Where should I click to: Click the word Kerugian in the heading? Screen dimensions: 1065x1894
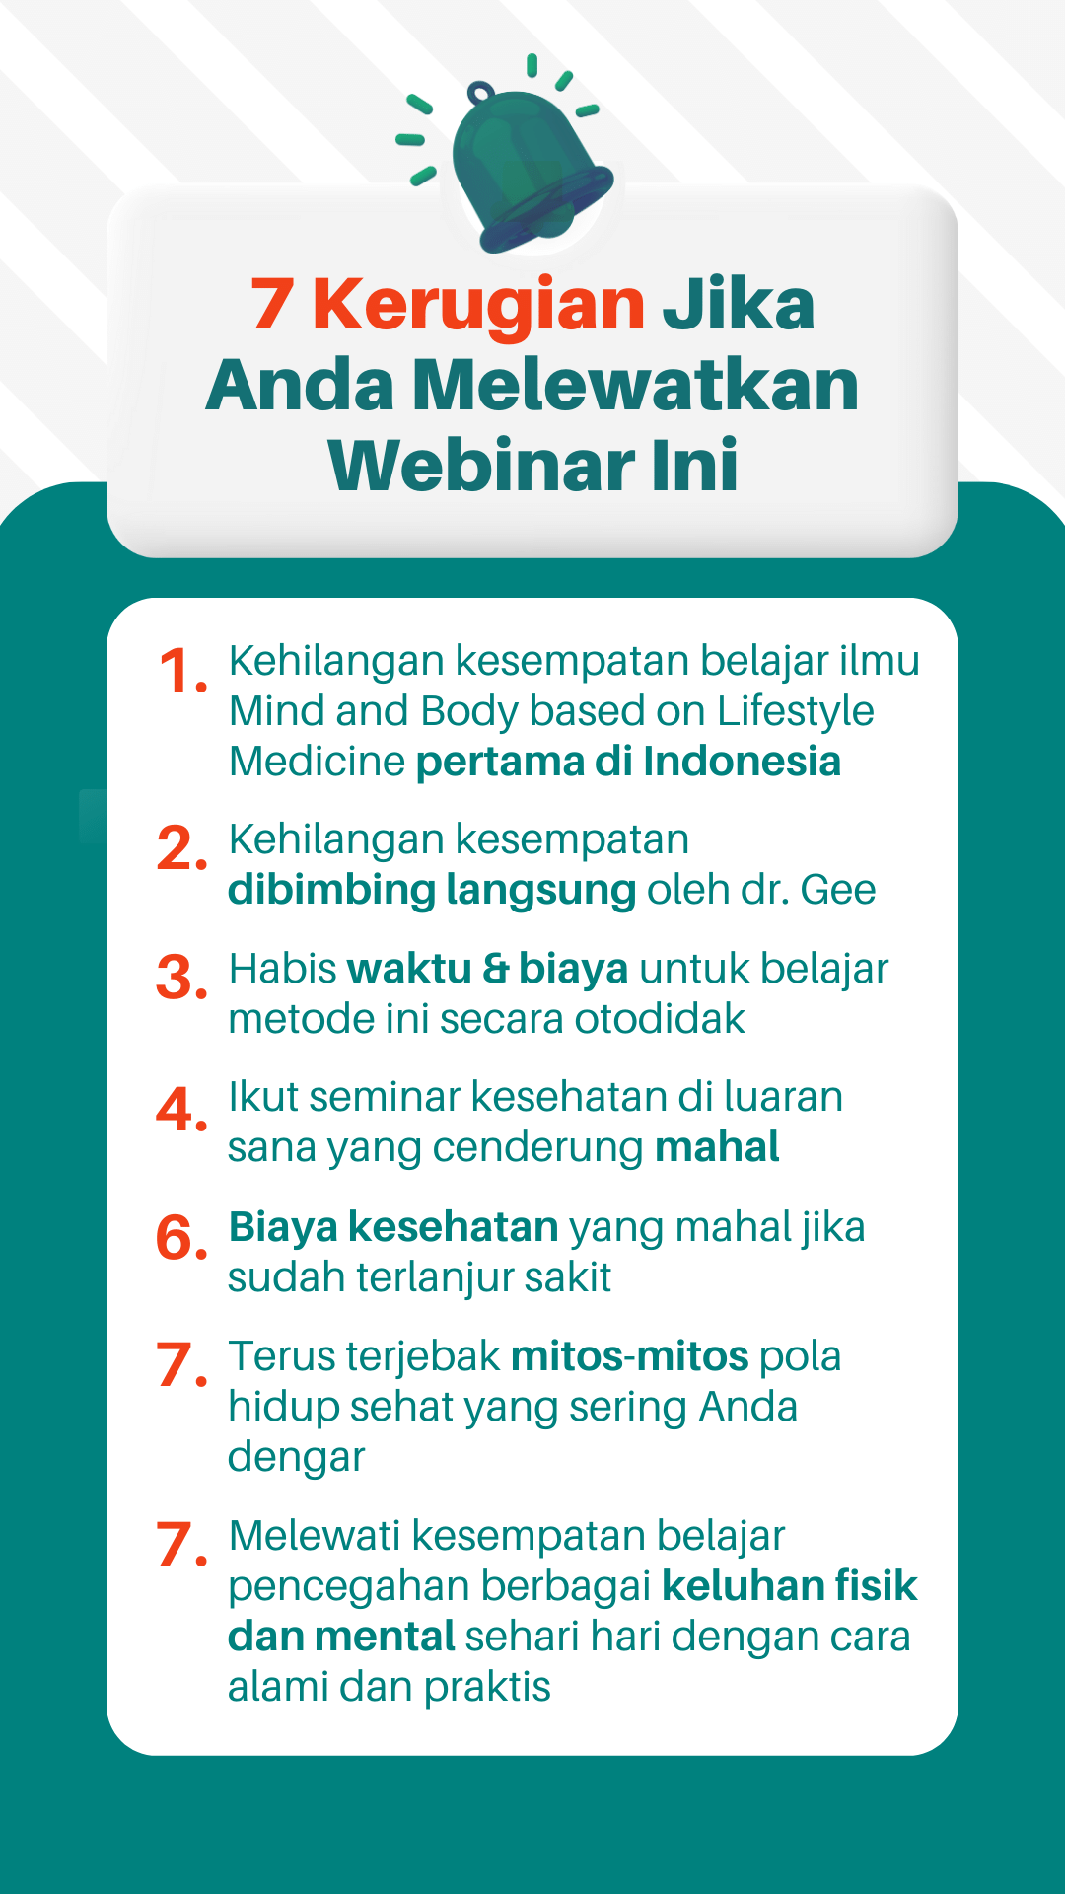(x=478, y=304)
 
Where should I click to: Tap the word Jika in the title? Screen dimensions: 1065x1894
(x=738, y=304)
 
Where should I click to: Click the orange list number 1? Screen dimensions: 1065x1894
(x=182, y=671)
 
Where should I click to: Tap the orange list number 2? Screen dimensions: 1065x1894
(x=182, y=849)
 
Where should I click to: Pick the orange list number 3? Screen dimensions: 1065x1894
(x=182, y=978)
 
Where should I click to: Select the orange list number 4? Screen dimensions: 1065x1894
(x=182, y=1110)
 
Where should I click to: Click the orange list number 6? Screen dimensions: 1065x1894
(x=182, y=1238)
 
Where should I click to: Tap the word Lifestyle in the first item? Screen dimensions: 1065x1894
(x=796, y=712)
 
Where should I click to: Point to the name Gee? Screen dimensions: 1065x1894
(x=838, y=890)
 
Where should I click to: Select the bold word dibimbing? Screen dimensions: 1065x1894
(x=331, y=891)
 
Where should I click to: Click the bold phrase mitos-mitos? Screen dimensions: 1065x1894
(x=630, y=1356)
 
